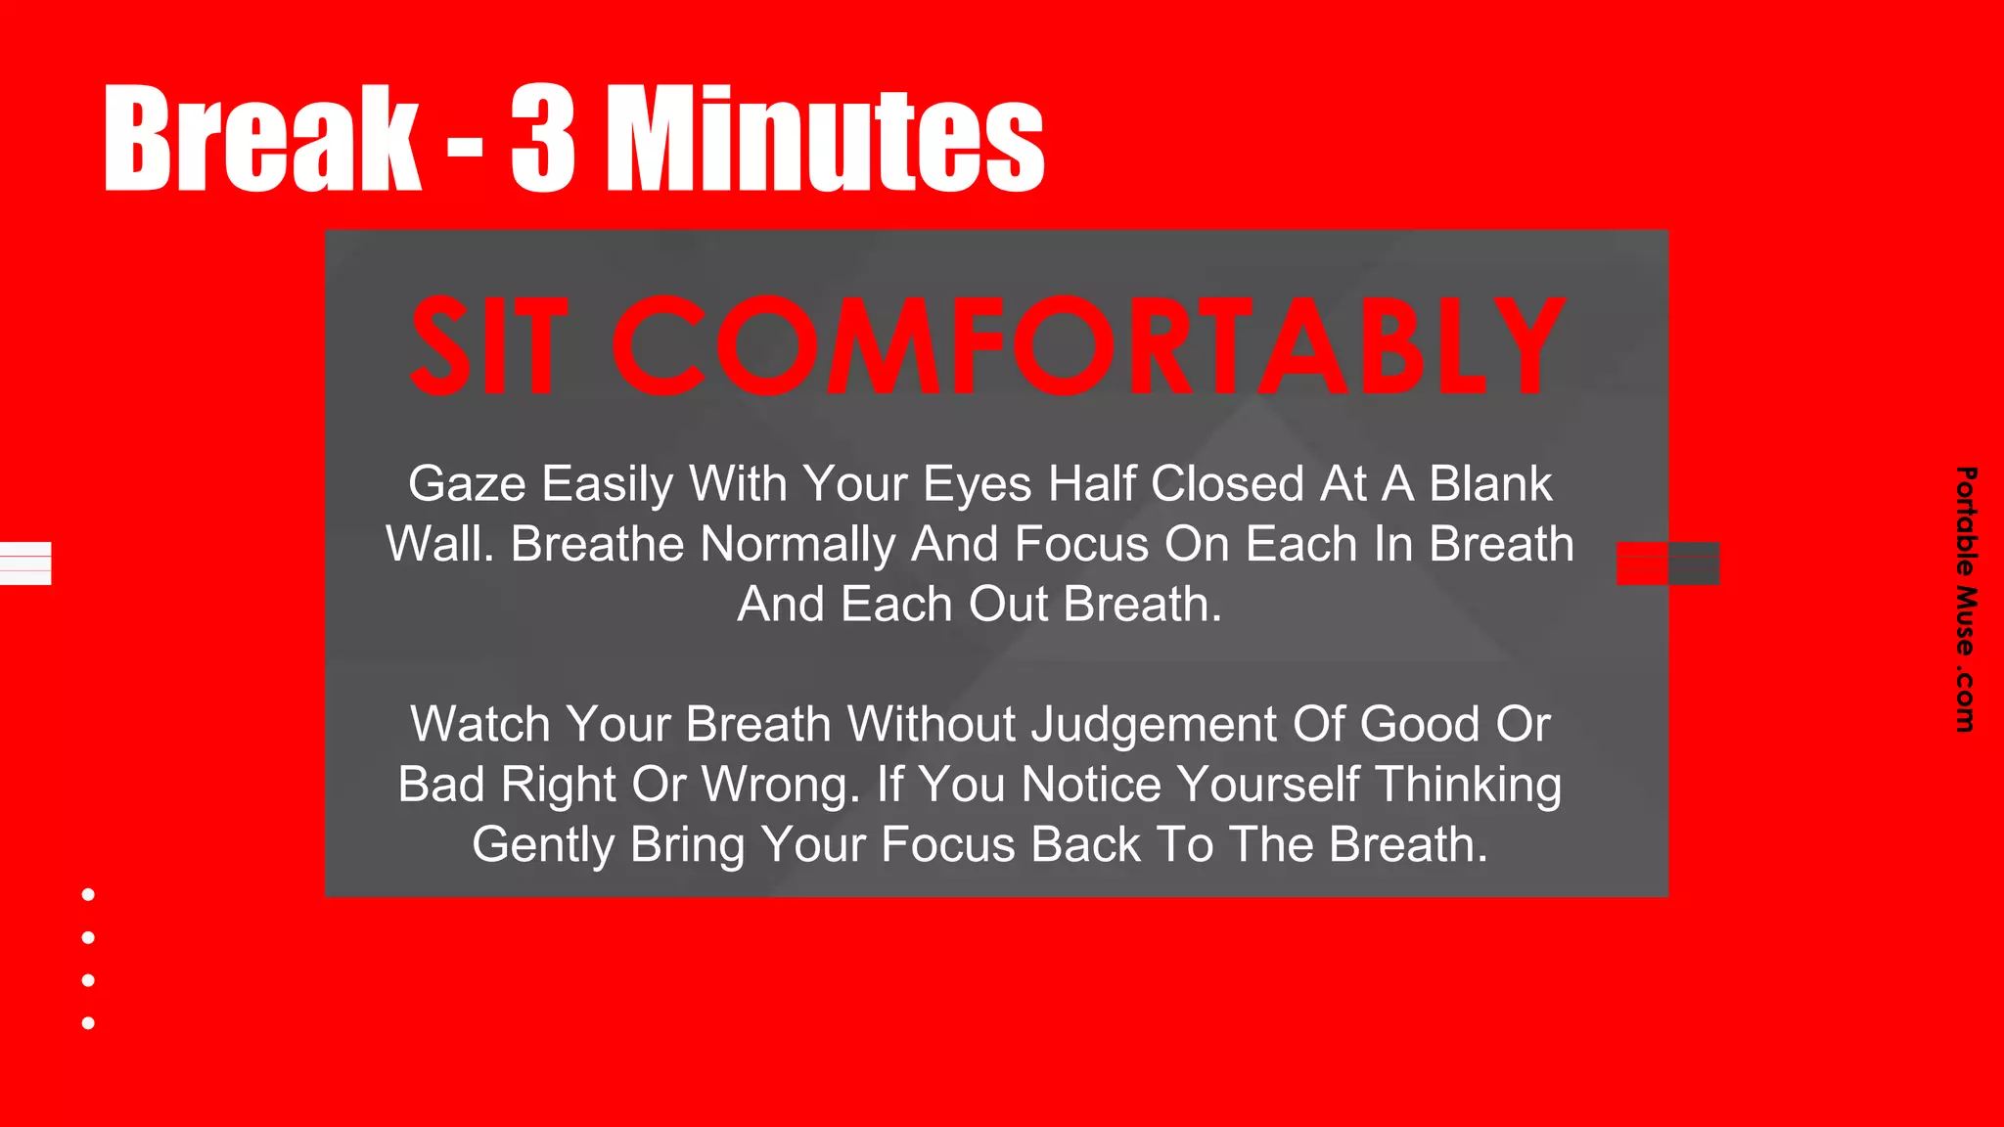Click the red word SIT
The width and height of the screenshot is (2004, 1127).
coord(488,346)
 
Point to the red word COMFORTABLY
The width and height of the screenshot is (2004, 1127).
coord(1088,346)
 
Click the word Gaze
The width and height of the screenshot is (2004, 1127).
coord(467,484)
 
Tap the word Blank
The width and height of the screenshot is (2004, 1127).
coord(1490,484)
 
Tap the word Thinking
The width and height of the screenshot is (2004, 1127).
coord(1468,786)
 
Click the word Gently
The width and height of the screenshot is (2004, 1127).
coord(543,845)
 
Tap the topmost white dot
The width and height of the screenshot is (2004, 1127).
coord(88,894)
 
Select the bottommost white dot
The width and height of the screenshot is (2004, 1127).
coord(88,1023)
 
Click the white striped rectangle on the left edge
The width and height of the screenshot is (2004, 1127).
coord(25,563)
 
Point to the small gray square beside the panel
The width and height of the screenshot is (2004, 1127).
coord(1694,563)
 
